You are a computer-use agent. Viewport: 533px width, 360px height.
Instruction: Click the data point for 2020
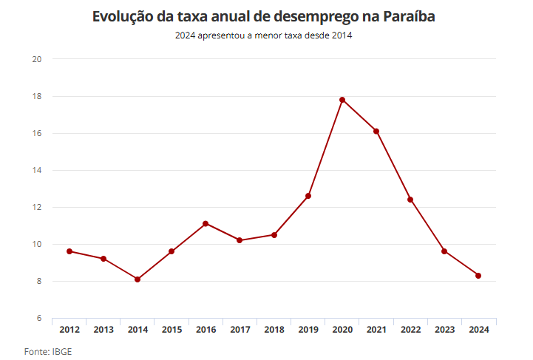342,100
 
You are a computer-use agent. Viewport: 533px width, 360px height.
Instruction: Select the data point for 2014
138,279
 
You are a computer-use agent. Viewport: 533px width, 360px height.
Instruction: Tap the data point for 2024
478,276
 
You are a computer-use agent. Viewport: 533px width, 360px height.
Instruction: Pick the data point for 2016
206,223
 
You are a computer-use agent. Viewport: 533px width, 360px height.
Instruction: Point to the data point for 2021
376,132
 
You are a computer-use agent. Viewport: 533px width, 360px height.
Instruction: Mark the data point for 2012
69,251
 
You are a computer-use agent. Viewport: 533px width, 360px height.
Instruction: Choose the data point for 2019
308,196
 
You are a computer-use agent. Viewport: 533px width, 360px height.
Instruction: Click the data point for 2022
410,200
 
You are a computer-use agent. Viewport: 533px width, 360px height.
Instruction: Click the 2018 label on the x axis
274,330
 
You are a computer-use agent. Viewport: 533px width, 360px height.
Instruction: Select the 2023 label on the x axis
444,330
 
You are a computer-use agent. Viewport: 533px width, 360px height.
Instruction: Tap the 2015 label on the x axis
172,330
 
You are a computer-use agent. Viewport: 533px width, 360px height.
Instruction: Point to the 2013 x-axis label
103,330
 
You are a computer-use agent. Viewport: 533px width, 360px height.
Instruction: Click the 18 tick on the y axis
35,96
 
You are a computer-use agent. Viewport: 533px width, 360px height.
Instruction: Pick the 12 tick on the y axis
35,207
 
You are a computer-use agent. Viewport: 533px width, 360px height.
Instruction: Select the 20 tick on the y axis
35,59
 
